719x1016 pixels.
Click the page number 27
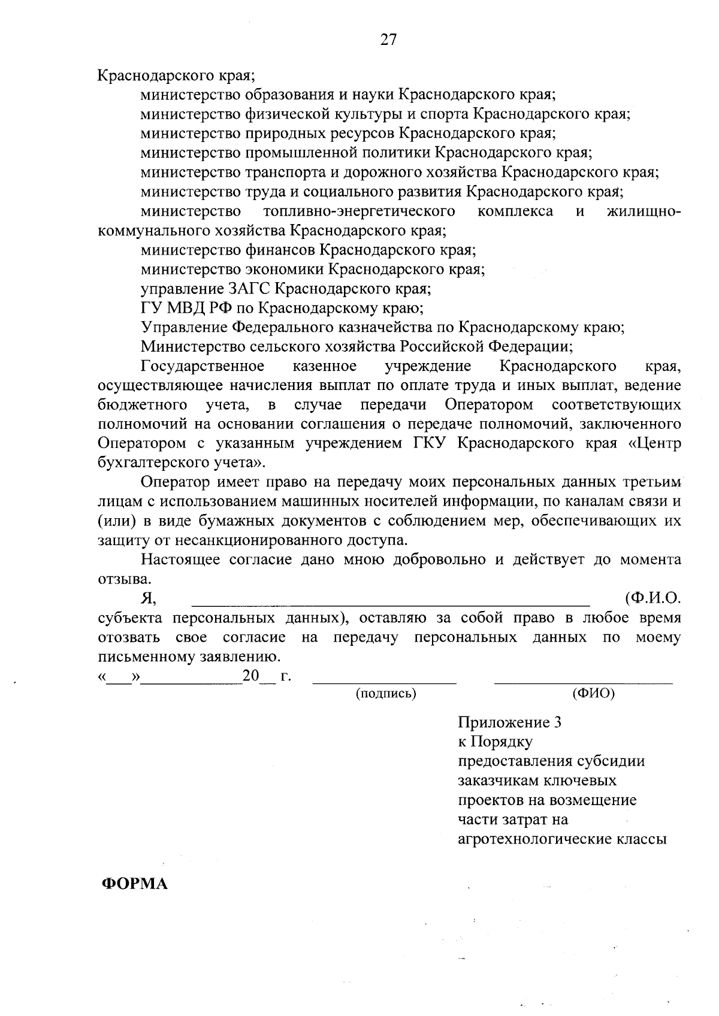[x=388, y=40]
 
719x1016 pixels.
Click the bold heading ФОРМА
[x=134, y=884]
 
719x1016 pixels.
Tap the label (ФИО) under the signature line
[x=593, y=694]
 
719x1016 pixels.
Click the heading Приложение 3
[x=509, y=722]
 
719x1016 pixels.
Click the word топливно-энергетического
[x=358, y=211]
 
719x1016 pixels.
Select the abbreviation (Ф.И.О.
[x=652, y=598]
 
